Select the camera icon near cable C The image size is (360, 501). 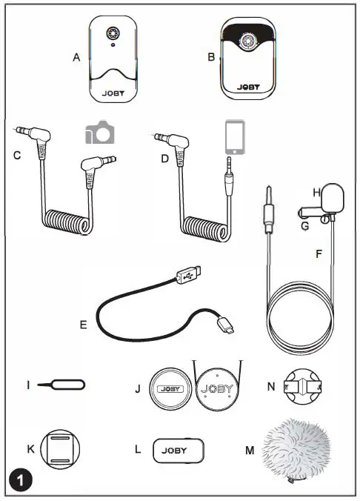click(x=99, y=133)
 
